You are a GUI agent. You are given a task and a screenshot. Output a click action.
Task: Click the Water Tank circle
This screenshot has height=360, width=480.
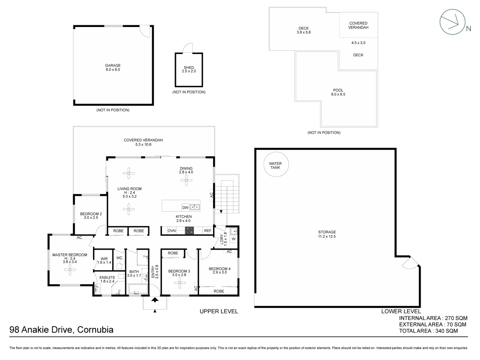coord(275,165)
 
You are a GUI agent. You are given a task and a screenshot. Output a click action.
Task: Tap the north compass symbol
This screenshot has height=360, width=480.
coord(452,22)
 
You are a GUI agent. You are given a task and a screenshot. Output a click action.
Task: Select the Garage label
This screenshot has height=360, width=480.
coord(113,67)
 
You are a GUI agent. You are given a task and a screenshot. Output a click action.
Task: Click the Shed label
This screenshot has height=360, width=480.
coord(189,69)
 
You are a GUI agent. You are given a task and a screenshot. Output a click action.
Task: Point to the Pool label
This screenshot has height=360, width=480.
coord(338,92)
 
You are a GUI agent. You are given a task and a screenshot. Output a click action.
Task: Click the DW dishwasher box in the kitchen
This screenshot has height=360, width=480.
coord(185,207)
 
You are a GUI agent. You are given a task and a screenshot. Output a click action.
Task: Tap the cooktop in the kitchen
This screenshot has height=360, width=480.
coord(189,231)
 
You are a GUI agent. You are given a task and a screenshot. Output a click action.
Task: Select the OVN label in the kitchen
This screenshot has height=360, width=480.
coord(172,231)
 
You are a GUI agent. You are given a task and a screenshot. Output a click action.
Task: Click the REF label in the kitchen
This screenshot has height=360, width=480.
coord(208,231)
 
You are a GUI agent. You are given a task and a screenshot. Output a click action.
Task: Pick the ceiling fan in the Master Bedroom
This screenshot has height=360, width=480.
coord(70,271)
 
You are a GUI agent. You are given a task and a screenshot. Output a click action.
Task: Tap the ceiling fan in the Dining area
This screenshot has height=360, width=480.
coord(186,180)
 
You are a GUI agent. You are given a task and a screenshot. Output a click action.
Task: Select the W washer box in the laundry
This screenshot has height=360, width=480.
coord(234,239)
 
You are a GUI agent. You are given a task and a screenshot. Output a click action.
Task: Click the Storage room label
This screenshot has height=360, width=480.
coord(327,234)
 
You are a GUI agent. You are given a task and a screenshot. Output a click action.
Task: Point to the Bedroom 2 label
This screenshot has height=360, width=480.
coord(91,216)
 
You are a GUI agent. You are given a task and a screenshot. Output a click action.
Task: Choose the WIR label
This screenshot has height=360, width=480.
coord(104,260)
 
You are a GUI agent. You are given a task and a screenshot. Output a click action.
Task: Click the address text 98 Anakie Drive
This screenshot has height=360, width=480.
coord(61,330)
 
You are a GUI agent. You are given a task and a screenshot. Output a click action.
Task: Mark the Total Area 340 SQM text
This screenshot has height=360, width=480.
coord(428,331)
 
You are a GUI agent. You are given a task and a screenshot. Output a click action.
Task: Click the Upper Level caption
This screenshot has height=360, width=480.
coord(219,311)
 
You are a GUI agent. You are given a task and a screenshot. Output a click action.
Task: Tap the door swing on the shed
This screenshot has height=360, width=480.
coord(188,48)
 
